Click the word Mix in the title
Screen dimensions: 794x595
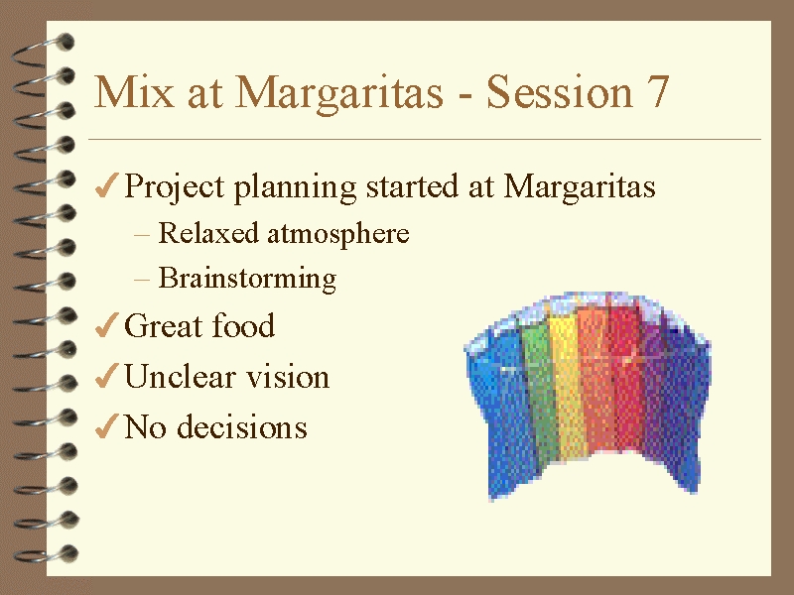coord(134,91)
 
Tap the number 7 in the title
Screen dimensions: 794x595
coord(657,91)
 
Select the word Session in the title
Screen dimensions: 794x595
coord(560,91)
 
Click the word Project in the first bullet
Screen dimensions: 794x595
coord(175,187)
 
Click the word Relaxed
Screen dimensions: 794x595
coord(208,233)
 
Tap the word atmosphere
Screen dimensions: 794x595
coord(338,234)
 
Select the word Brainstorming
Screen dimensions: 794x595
coord(247,279)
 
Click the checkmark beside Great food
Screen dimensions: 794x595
coord(106,325)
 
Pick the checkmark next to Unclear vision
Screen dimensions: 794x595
coord(106,376)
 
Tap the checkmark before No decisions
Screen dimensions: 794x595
coord(106,426)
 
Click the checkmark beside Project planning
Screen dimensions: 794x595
coord(106,185)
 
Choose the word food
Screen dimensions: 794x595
coord(243,325)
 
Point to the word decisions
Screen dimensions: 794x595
coord(242,426)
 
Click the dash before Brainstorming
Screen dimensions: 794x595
coord(142,280)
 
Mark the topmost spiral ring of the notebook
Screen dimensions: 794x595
coord(43,51)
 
